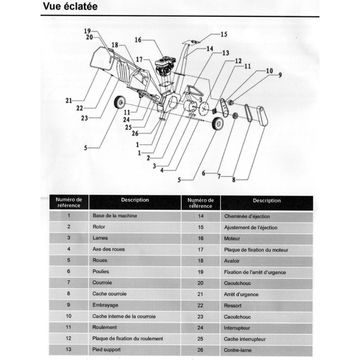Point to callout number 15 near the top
pos(224,34)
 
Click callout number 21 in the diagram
pos(68,101)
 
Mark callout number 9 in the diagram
pos(279,76)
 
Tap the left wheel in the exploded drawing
pos(119,103)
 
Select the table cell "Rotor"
pos(99,227)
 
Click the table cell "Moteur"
pos(232,238)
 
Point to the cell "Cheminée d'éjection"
pos(243,216)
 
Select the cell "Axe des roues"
pos(108,249)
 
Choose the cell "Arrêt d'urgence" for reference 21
pos(241,294)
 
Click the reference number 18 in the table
pos(201,261)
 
